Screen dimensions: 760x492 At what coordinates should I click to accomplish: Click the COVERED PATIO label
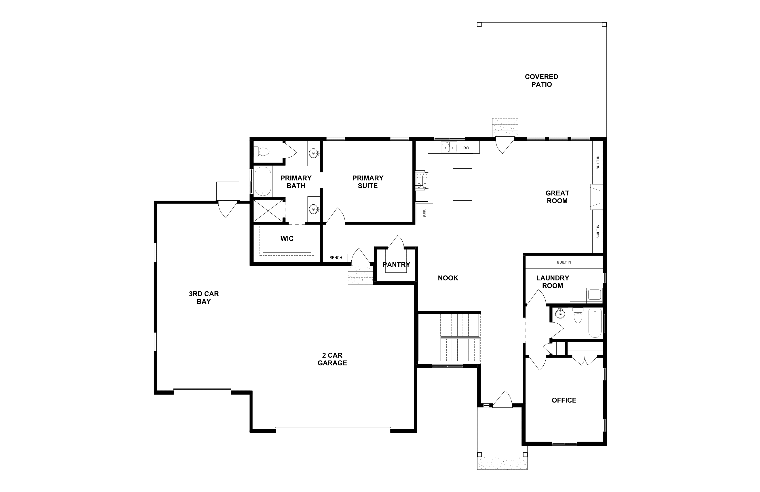(542, 81)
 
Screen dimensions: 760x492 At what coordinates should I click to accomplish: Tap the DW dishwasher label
(466, 148)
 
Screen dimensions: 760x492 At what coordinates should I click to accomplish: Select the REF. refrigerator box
(424, 213)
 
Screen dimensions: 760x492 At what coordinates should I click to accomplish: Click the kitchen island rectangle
(462, 184)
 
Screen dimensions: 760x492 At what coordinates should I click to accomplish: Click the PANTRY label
(396, 265)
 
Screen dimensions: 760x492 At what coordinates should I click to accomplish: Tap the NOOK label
(448, 278)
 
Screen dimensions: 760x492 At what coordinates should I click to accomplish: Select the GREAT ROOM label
(557, 197)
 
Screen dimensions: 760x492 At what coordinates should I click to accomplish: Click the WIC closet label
(287, 238)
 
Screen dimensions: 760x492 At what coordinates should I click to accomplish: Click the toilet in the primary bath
(261, 151)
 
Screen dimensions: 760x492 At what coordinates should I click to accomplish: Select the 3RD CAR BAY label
(204, 297)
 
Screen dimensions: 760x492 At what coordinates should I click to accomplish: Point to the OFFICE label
(564, 400)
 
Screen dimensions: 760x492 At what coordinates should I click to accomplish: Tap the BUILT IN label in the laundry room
(564, 262)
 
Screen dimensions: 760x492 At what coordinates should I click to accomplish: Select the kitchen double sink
(449, 148)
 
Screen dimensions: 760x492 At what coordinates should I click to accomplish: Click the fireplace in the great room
(596, 197)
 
